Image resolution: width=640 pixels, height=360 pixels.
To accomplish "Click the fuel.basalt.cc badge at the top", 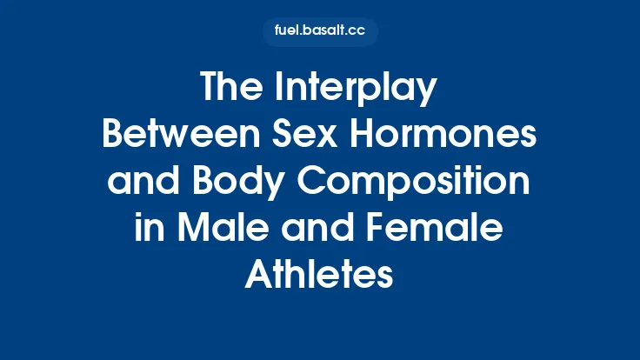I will pos(320,32).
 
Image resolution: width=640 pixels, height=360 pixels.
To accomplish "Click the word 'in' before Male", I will pos(148,230).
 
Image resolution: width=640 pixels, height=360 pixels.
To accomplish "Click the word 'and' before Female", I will pos(316,230).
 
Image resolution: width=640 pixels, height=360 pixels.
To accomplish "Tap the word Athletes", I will pos(320,277).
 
